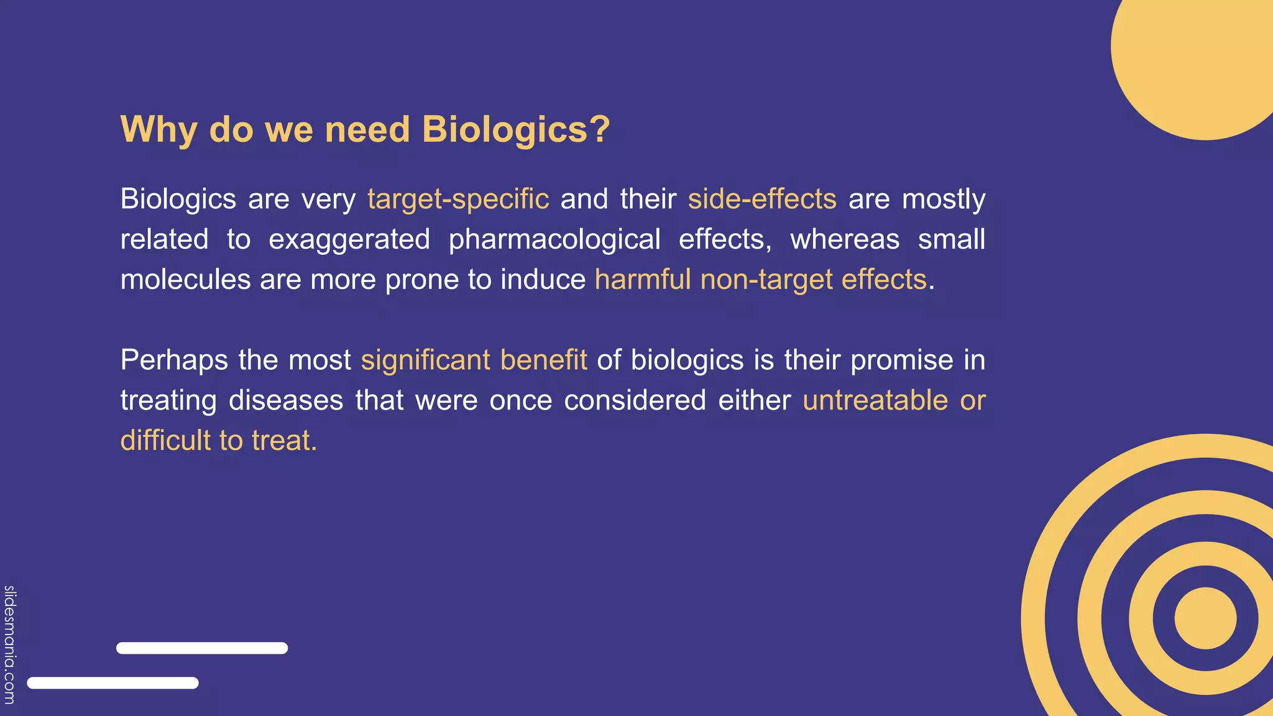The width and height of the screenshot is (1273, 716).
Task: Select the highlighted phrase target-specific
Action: [x=458, y=199]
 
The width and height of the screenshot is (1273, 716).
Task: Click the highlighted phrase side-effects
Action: [x=762, y=199]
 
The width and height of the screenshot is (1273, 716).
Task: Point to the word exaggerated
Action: [x=349, y=239]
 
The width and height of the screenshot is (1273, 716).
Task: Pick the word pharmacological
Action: [x=554, y=239]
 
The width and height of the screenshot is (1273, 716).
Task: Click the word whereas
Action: [x=845, y=239]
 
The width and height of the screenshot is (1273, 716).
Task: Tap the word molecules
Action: [x=185, y=279]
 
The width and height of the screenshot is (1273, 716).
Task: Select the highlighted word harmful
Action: [x=643, y=279]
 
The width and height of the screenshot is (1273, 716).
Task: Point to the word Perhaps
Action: [x=174, y=360]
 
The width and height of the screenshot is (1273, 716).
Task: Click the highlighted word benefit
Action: [x=543, y=360]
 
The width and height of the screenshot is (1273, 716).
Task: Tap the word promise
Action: [x=901, y=360]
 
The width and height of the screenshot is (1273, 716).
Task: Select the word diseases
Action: [x=286, y=400]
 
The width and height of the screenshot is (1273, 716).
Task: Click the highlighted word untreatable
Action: [x=875, y=400]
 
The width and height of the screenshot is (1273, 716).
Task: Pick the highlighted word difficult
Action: [x=165, y=440]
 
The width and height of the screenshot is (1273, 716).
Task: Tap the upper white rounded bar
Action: [x=202, y=648]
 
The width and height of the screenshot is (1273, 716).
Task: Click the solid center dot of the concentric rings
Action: [x=1205, y=618]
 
